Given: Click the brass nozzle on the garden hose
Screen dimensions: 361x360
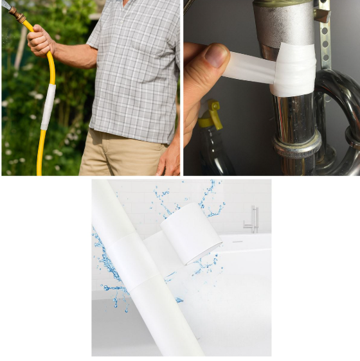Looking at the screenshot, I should click(x=14, y=13).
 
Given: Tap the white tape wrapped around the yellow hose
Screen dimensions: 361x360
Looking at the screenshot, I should click(x=48, y=106).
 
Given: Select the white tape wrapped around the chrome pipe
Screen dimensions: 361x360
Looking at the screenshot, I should click(x=293, y=70).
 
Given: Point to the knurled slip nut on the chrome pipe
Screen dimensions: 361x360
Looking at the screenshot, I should click(x=296, y=145).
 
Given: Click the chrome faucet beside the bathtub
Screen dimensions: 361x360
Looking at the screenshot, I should click(x=252, y=218).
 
